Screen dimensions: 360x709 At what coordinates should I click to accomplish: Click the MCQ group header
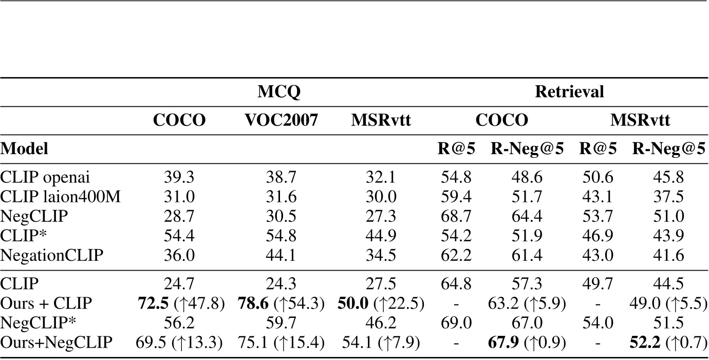tap(278, 92)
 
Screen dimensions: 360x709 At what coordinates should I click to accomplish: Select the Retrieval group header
tap(569, 92)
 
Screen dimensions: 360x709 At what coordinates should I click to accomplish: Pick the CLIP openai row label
tap(46, 177)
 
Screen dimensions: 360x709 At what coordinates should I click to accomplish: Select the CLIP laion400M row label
tap(61, 196)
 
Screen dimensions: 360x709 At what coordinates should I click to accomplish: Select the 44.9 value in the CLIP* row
tap(381, 233)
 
